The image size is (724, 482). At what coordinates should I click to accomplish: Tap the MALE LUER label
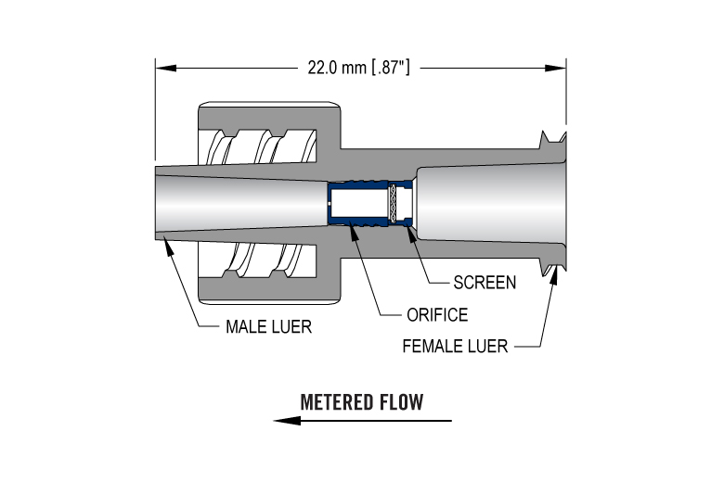(268, 326)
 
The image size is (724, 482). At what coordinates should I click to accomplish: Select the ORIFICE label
(437, 314)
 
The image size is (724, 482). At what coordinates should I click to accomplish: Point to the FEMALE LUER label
(455, 347)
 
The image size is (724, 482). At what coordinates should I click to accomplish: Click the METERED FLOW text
(362, 402)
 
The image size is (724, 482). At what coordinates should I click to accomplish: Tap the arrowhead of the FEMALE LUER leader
(555, 272)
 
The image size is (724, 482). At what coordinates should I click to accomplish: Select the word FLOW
(401, 402)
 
